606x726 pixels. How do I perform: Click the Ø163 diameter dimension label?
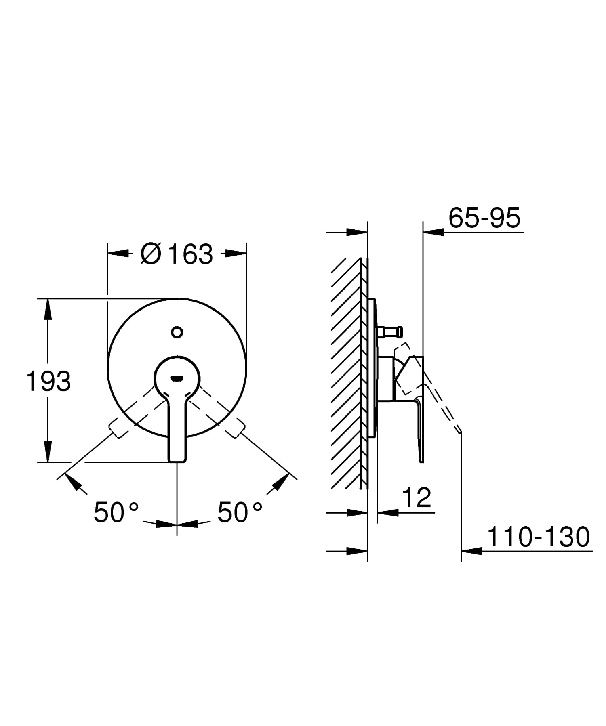click(177, 254)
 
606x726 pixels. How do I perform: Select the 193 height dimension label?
click(48, 381)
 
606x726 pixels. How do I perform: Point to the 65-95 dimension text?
click(484, 218)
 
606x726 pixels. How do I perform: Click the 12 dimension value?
click(417, 497)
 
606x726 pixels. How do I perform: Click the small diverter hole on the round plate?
click(177, 332)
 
